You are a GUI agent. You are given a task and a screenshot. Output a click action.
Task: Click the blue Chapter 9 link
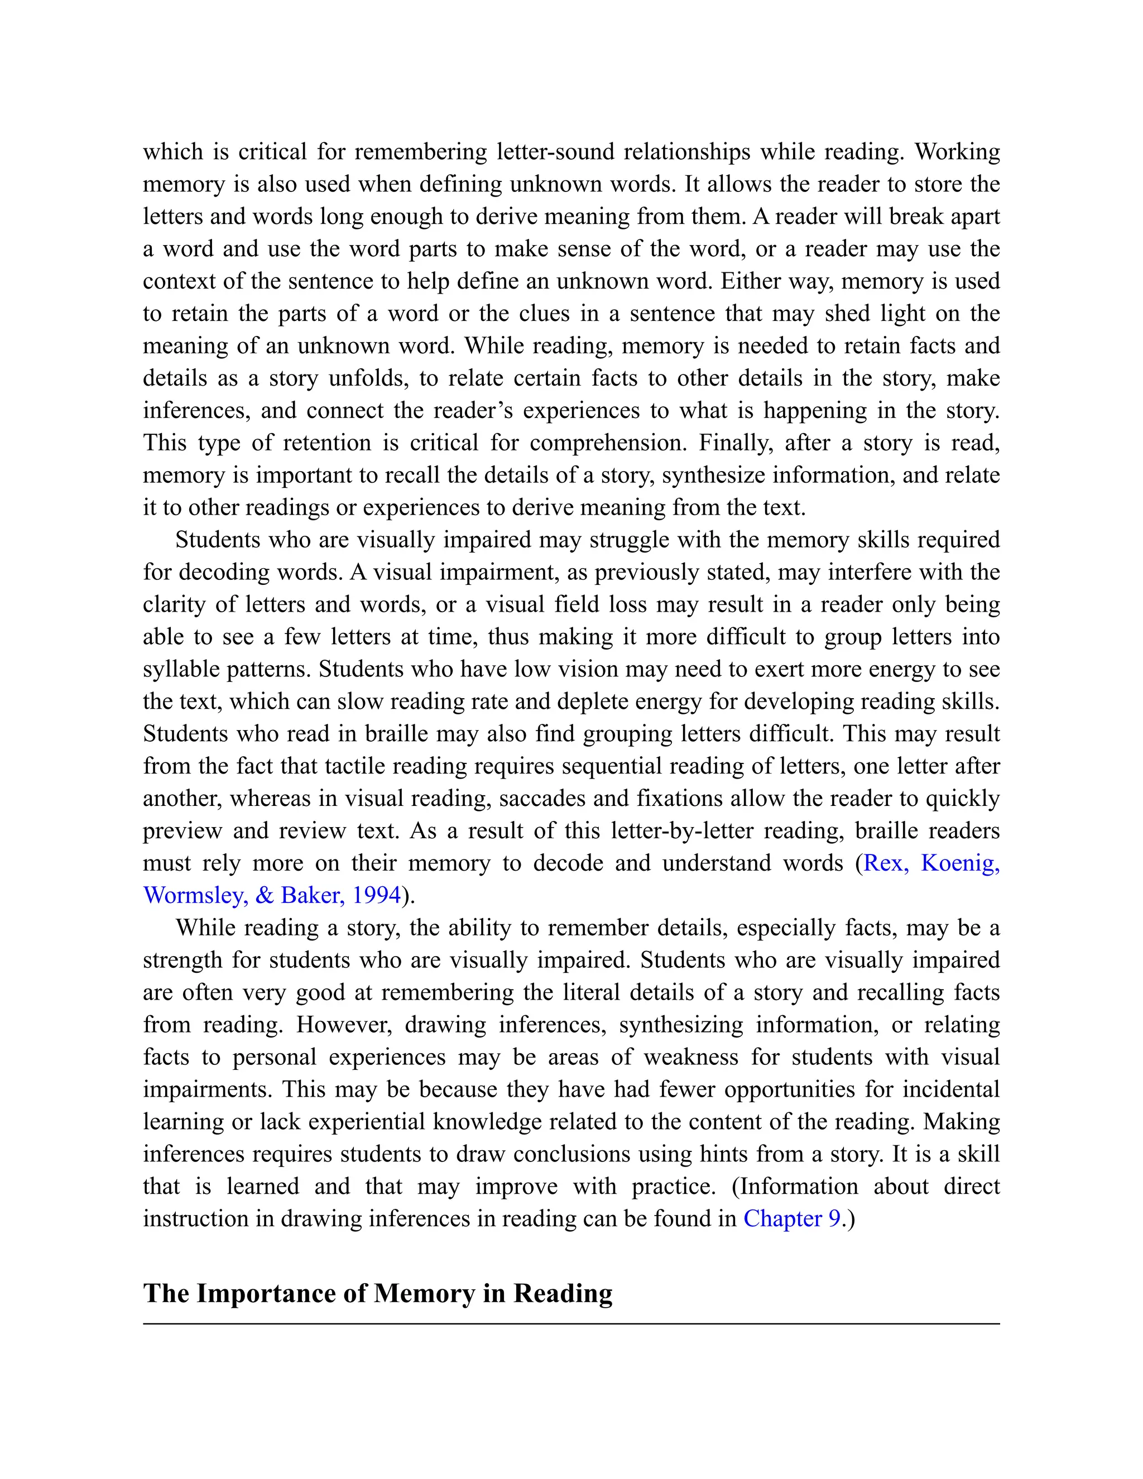coord(791,1218)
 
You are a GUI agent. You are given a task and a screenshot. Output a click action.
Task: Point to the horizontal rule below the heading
coord(571,1323)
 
